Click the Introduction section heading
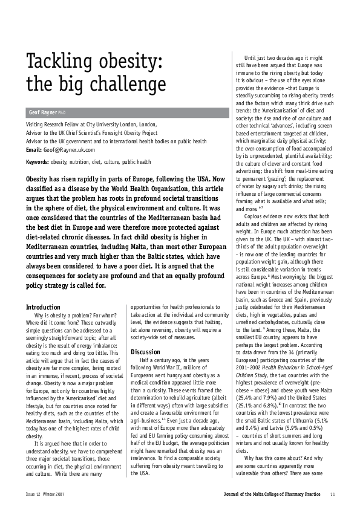click(x=43, y=307)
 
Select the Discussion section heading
click(x=145, y=352)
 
